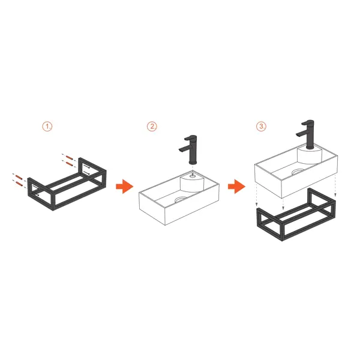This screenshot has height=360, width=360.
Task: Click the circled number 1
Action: pos(47,127)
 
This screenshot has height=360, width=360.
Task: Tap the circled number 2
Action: pos(152,127)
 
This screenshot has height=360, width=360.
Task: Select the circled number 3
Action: pos(261,126)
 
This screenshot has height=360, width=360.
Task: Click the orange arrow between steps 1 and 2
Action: pos(124,186)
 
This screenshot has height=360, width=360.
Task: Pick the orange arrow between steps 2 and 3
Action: pos(236,186)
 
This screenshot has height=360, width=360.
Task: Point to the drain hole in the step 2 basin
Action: pos(181,200)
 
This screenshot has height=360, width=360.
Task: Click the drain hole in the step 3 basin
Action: pos(298,172)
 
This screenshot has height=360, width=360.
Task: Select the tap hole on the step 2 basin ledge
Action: pos(193,176)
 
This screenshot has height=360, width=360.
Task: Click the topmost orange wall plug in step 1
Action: pos(69,157)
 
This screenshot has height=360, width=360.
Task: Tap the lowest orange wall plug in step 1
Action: pos(19,184)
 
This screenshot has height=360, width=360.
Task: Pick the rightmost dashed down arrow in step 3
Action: pos(335,185)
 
